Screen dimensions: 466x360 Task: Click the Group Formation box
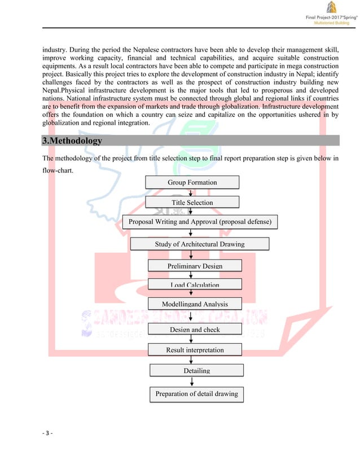[192, 182]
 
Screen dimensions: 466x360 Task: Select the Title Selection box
[192, 202]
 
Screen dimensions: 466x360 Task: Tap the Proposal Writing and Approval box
[200, 222]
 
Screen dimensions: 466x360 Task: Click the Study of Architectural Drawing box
[200, 244]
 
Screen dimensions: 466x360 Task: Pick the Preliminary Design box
[195, 265]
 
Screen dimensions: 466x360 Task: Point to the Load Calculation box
[195, 284]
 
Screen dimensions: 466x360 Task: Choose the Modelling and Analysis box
[195, 304]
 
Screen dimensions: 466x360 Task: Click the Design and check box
[195, 329]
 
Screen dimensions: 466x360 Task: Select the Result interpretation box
[195, 350]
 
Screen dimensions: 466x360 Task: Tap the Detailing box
[196, 370]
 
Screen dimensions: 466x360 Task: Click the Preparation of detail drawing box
[196, 394]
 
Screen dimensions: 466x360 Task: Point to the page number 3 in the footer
[47, 433]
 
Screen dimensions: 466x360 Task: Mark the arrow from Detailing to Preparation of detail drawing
[192, 381]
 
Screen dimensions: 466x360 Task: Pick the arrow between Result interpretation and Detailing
[192, 360]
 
